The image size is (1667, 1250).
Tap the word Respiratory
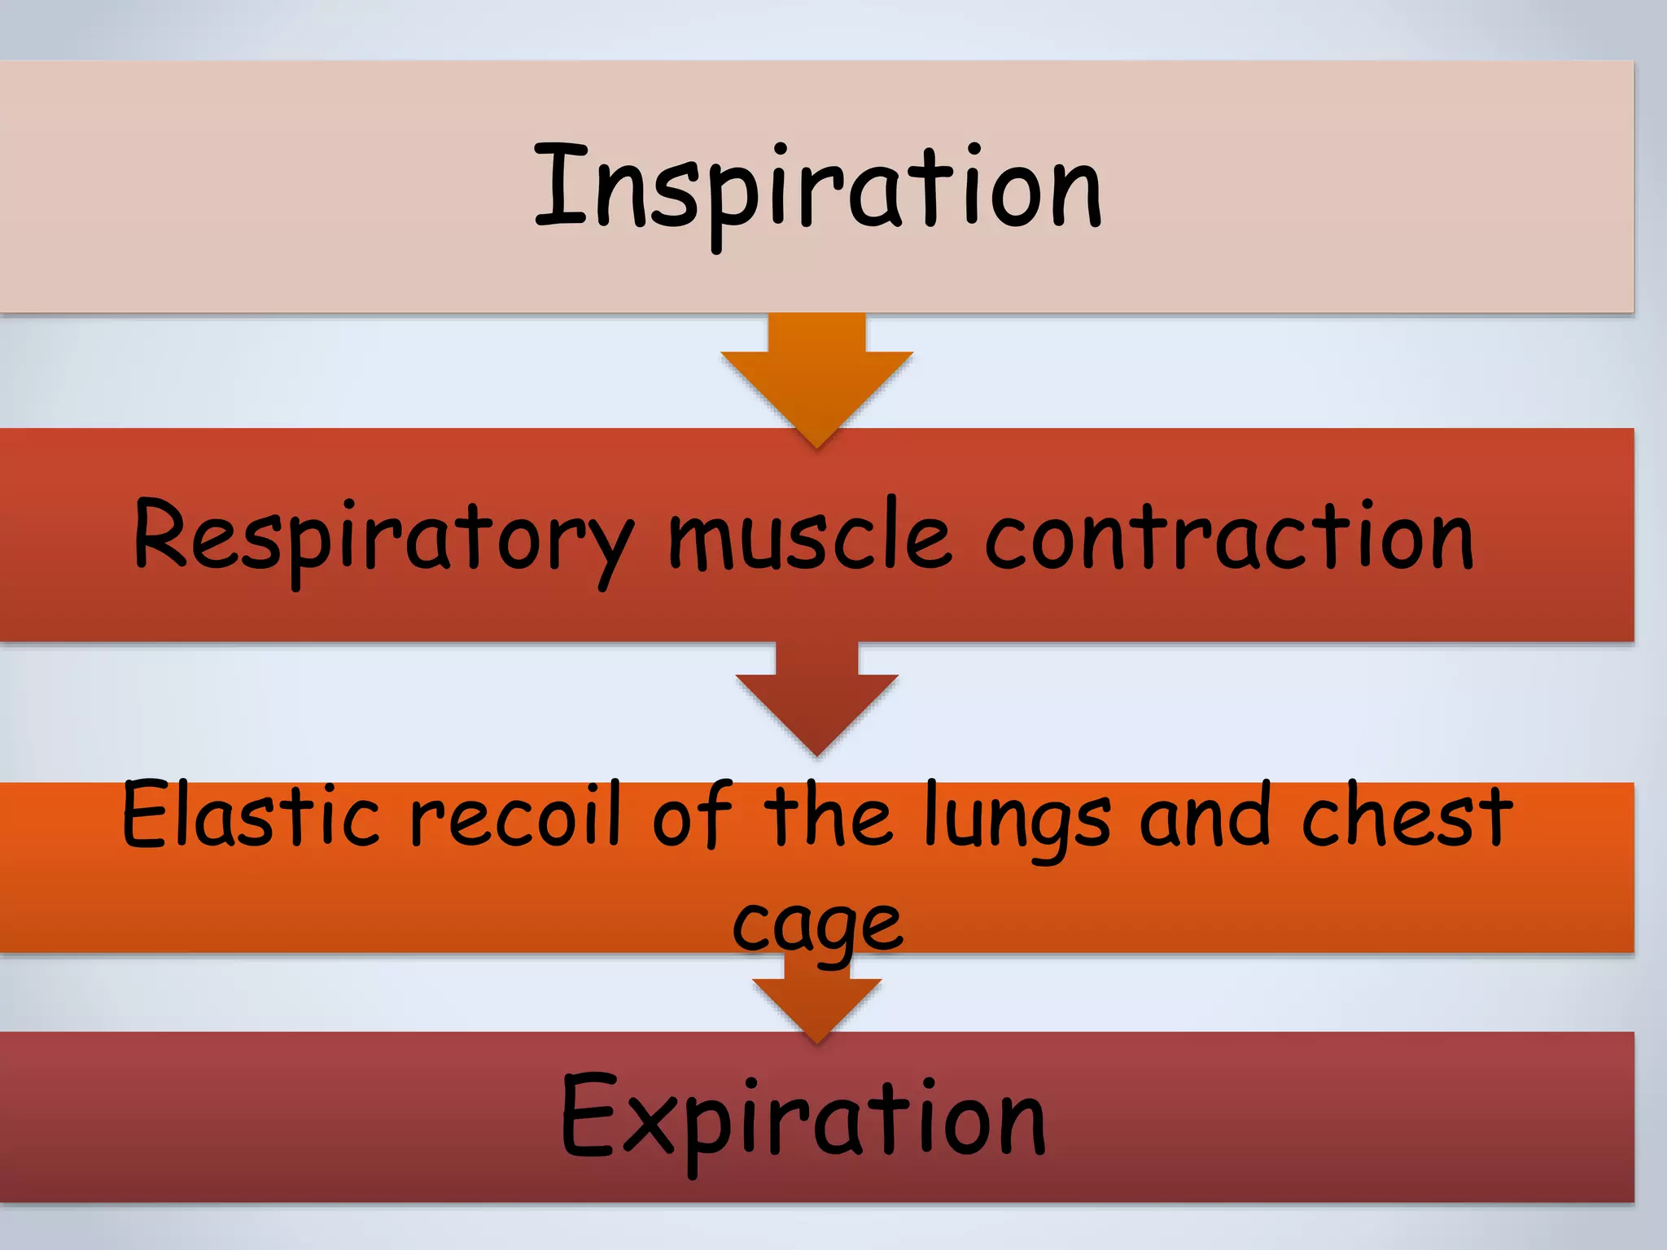click(383, 537)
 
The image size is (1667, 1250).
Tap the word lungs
click(1017, 818)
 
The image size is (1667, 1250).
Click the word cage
click(817, 928)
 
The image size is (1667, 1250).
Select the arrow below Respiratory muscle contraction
click(817, 700)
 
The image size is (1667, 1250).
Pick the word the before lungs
click(826, 814)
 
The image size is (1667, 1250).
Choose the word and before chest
click(1205, 814)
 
